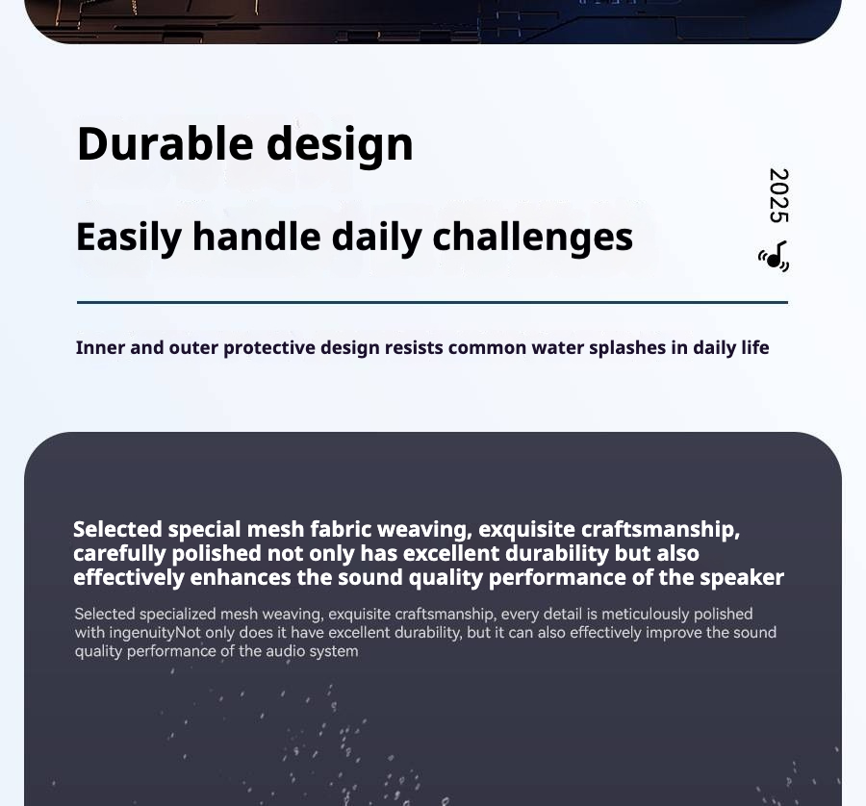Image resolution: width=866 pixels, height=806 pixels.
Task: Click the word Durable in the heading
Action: pos(166,143)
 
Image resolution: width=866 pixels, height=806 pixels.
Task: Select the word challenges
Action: pos(532,238)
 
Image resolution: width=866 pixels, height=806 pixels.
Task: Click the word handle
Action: pos(256,237)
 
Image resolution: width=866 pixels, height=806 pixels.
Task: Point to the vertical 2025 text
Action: pos(778,195)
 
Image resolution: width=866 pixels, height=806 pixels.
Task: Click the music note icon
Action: pos(775,257)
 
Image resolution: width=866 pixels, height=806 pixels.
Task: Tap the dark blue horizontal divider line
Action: pos(432,303)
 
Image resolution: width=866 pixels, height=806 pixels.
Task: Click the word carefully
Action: pos(119,554)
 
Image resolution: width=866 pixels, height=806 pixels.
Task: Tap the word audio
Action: pos(286,651)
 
